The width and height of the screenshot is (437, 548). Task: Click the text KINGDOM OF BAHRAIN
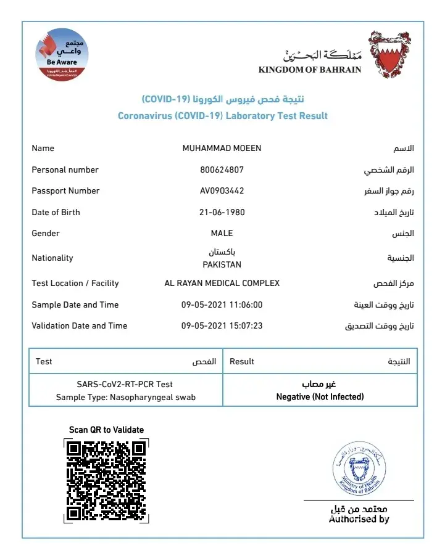tap(310, 70)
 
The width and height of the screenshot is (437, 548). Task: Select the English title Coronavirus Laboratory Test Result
tap(222, 115)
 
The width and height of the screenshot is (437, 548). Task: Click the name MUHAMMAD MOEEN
tap(222, 148)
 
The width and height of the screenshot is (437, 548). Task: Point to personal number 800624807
tap(222, 170)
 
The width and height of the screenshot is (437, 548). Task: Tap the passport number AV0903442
tap(222, 190)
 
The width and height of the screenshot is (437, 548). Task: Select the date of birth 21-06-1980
tap(222, 212)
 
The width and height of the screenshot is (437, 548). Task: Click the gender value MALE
tap(222, 233)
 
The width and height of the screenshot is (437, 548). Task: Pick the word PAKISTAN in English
tap(222, 264)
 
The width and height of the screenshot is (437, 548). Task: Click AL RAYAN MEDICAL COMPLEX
tap(222, 283)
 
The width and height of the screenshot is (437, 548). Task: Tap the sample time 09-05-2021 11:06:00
tap(222, 305)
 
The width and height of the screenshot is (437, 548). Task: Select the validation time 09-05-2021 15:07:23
tap(222, 325)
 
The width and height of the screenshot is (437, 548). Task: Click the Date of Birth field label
tap(56, 212)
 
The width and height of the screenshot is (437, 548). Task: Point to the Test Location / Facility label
tap(75, 283)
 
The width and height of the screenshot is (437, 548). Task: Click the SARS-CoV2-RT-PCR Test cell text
tap(125, 384)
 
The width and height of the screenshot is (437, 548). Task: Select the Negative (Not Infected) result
tap(320, 396)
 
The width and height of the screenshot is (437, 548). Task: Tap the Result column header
tap(242, 361)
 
